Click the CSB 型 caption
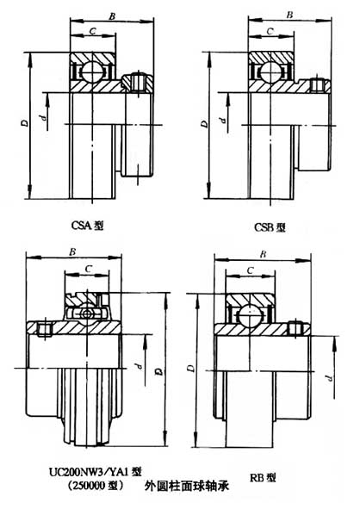(x=269, y=227)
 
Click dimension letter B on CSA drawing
(x=111, y=16)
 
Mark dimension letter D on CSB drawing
(x=203, y=124)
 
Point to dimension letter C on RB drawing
(x=249, y=271)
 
